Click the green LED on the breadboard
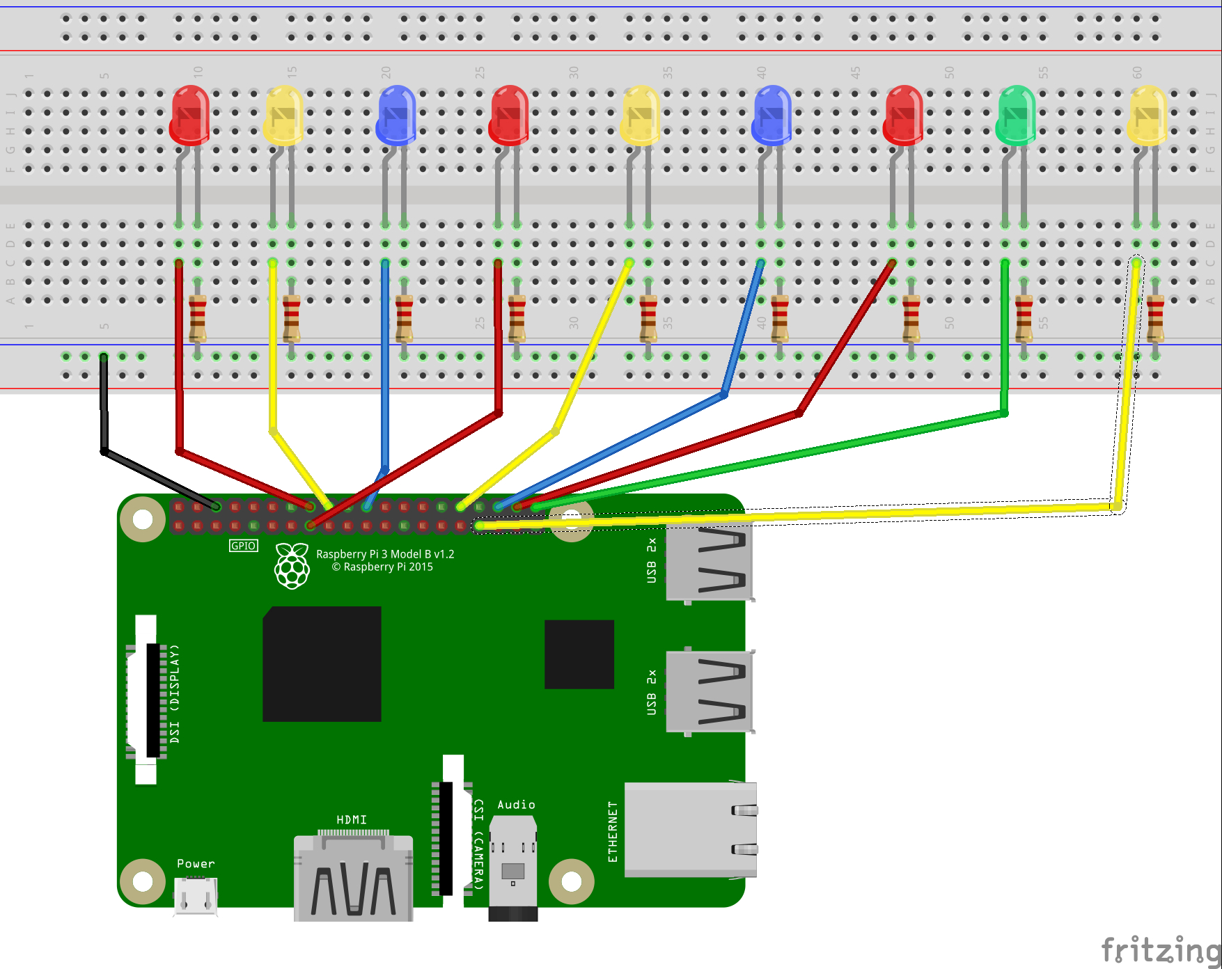(1015, 115)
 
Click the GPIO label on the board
(243, 546)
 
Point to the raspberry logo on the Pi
(292, 566)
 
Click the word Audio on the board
(516, 805)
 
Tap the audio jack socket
(513, 867)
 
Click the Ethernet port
(690, 829)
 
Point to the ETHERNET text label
(613, 832)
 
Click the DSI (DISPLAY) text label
(174, 693)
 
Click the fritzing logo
(1160, 950)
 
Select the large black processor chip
(322, 664)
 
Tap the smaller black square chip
(579, 654)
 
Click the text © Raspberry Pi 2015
(382, 567)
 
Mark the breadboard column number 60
(1137, 72)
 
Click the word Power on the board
(196, 864)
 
